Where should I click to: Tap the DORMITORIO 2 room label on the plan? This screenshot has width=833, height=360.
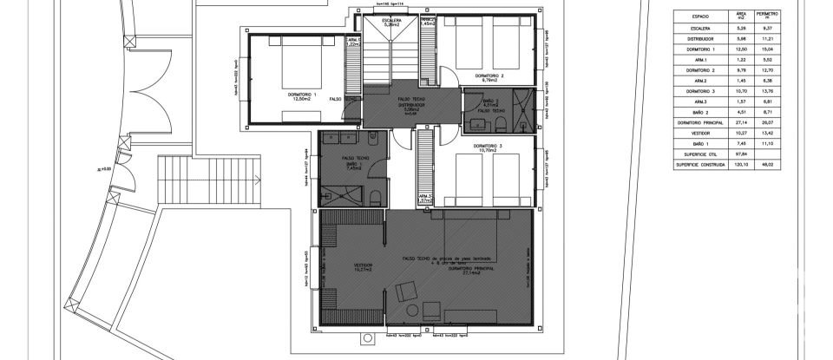489,76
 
